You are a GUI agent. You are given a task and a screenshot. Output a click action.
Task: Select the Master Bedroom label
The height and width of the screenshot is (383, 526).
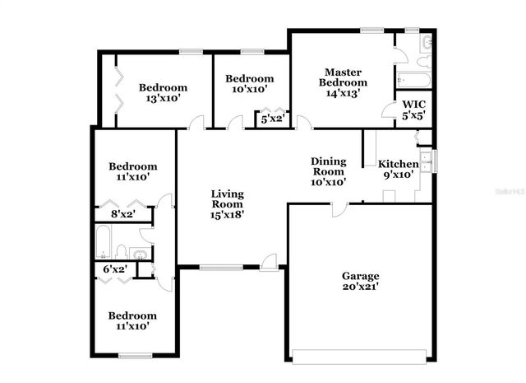pyautogui.click(x=344, y=77)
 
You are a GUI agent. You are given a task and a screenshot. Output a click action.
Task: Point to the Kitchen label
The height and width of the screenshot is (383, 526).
pyautogui.click(x=398, y=165)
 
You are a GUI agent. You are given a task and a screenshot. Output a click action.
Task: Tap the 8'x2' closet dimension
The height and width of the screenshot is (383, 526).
pyautogui.click(x=122, y=215)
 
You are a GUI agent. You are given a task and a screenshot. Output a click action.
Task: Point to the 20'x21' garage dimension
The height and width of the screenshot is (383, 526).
pyautogui.click(x=360, y=287)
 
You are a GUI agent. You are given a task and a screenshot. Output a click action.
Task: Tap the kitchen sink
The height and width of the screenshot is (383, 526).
pyautogui.click(x=426, y=159)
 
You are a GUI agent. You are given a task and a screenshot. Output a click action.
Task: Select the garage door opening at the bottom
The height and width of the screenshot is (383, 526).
pyautogui.click(x=360, y=357)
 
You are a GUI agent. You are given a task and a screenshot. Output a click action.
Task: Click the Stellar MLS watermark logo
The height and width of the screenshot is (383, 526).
pyautogui.click(x=504, y=189)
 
